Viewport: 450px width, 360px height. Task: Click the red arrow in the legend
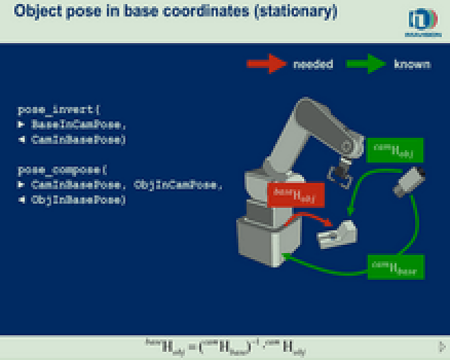[266, 64]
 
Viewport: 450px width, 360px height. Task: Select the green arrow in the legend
[367, 64]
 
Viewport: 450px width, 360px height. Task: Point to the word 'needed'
[313, 64]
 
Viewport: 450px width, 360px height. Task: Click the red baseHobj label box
[296, 195]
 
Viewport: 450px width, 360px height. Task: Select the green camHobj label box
[395, 150]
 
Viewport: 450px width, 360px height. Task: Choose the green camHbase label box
[396, 266]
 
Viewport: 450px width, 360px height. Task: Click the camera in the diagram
[410, 181]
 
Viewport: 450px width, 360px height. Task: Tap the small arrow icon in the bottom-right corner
[441, 346]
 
